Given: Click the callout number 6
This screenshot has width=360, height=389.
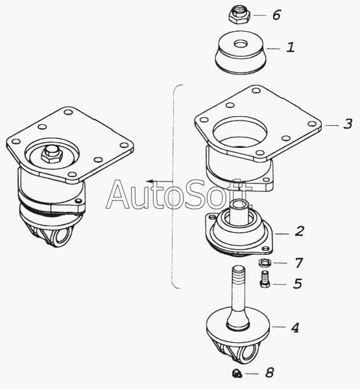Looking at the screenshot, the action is click(276, 15).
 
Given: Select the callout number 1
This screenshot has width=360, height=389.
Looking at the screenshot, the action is click(291, 47).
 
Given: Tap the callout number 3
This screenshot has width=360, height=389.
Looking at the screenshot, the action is click(348, 124).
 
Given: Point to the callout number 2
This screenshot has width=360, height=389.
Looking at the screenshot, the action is click(300, 231).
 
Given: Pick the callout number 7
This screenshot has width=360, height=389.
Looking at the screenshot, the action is click(299, 263).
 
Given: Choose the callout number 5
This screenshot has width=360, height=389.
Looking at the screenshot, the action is click(298, 283).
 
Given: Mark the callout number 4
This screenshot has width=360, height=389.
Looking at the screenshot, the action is click(295, 327).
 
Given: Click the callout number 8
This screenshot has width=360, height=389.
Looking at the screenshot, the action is click(269, 373).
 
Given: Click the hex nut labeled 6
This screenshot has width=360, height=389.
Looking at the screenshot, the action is click(239, 15).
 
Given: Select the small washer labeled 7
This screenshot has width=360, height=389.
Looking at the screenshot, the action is click(265, 263).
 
